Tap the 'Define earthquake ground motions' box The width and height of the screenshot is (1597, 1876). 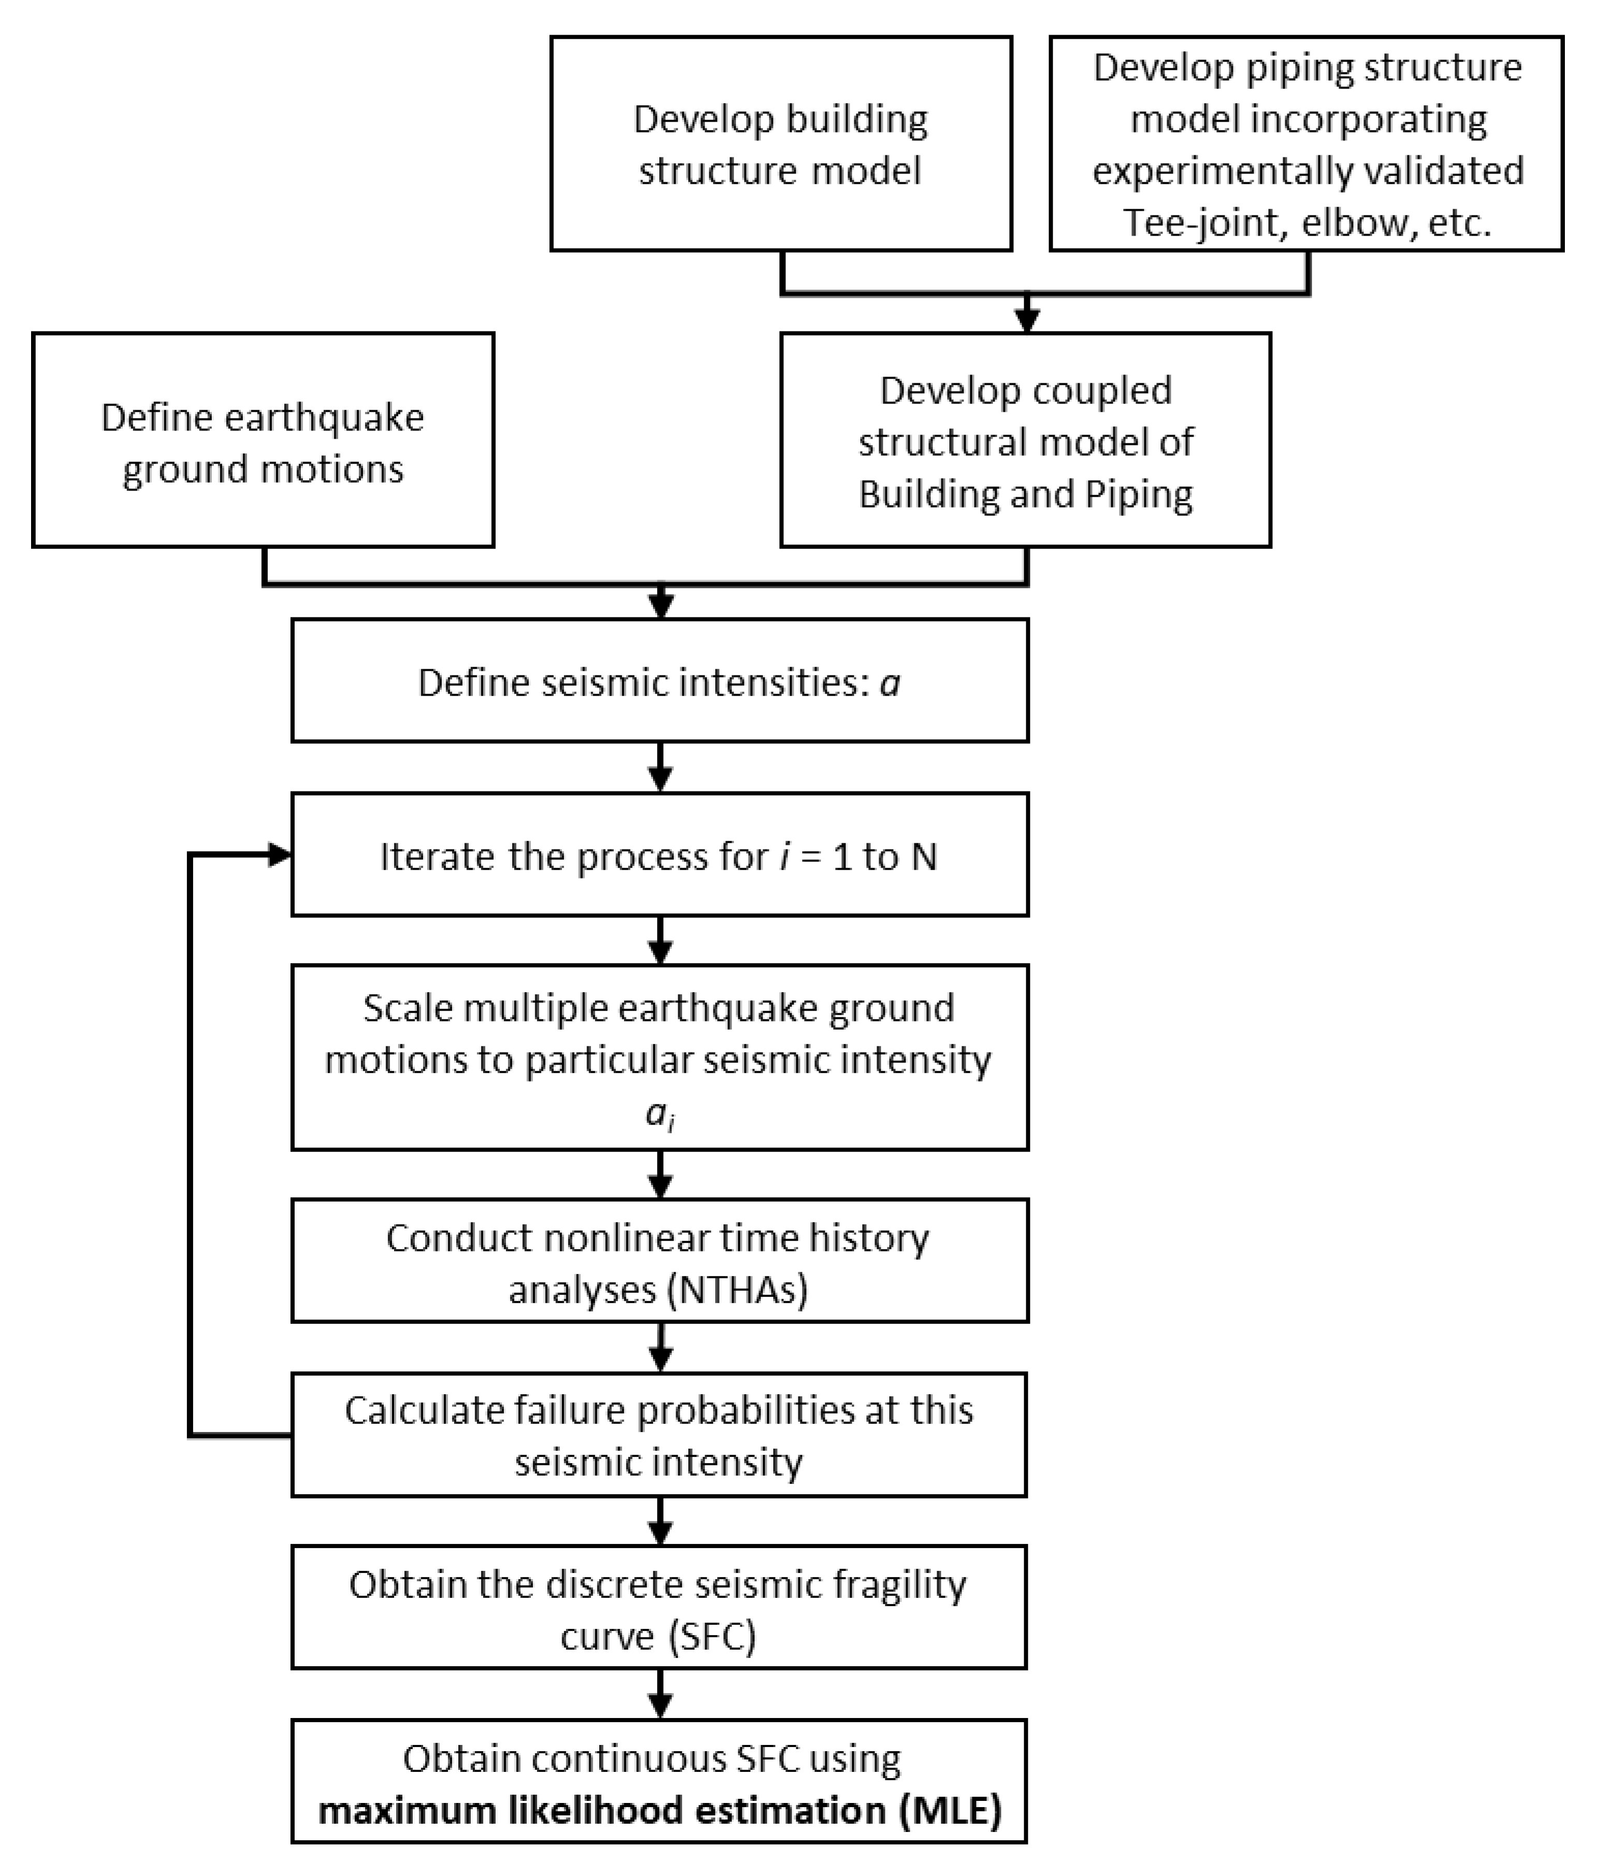click(263, 440)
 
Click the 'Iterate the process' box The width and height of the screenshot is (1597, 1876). click(659, 855)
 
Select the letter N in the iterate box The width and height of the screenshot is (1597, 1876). click(923, 857)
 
